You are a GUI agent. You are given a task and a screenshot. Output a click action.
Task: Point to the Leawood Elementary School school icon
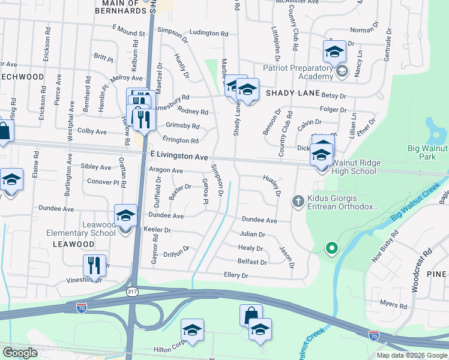point(125,216)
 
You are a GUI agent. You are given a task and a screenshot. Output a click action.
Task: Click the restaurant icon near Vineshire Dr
point(94,264)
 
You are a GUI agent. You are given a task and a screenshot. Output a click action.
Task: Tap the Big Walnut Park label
point(427,152)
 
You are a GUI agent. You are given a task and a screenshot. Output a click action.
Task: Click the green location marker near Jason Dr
point(330,247)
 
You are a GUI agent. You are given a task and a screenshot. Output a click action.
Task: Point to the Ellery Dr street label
point(236,275)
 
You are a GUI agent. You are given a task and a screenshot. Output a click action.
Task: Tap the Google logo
point(20,353)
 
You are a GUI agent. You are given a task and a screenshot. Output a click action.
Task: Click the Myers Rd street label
point(394,305)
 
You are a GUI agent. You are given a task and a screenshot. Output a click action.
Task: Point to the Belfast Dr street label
point(252,262)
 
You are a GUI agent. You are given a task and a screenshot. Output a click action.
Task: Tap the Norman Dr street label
point(365,29)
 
